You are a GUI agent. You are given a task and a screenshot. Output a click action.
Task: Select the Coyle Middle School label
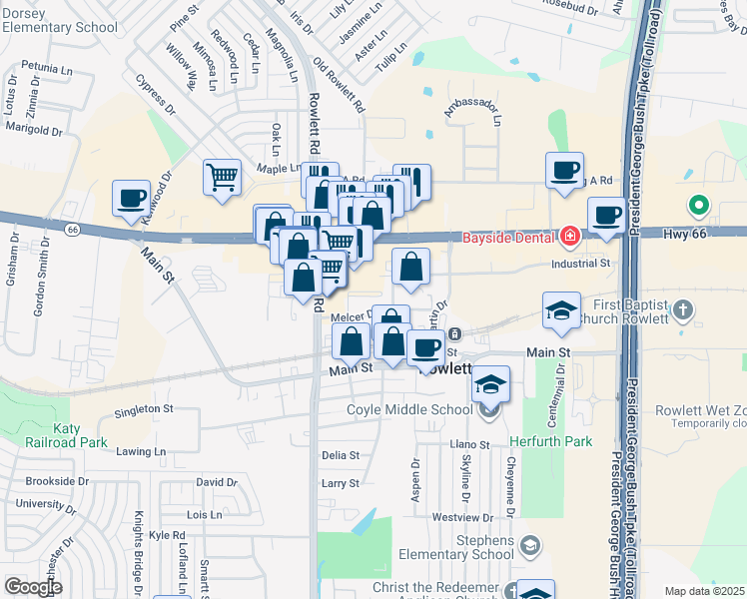tap(409, 409)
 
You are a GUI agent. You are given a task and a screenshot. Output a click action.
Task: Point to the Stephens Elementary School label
tap(455, 547)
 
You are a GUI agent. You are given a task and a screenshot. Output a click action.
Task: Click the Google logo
tap(33, 587)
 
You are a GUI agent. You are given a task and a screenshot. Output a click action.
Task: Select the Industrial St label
tap(581, 264)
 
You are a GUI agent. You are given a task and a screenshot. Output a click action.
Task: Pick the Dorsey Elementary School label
tap(59, 21)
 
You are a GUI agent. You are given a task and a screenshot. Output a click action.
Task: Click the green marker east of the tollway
tap(699, 207)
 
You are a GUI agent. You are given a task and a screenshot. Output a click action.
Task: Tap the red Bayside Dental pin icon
tap(569, 237)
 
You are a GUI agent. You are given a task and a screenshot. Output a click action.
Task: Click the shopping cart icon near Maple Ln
tap(222, 178)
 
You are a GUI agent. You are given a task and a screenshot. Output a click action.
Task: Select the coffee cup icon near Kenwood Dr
tap(131, 197)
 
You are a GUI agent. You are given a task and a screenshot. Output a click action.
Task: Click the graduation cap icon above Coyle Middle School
tap(490, 383)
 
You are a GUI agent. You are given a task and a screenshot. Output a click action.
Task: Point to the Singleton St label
tap(144, 409)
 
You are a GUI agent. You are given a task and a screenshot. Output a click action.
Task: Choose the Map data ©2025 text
tap(704, 591)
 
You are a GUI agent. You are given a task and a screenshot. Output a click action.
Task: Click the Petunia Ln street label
tap(45, 69)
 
